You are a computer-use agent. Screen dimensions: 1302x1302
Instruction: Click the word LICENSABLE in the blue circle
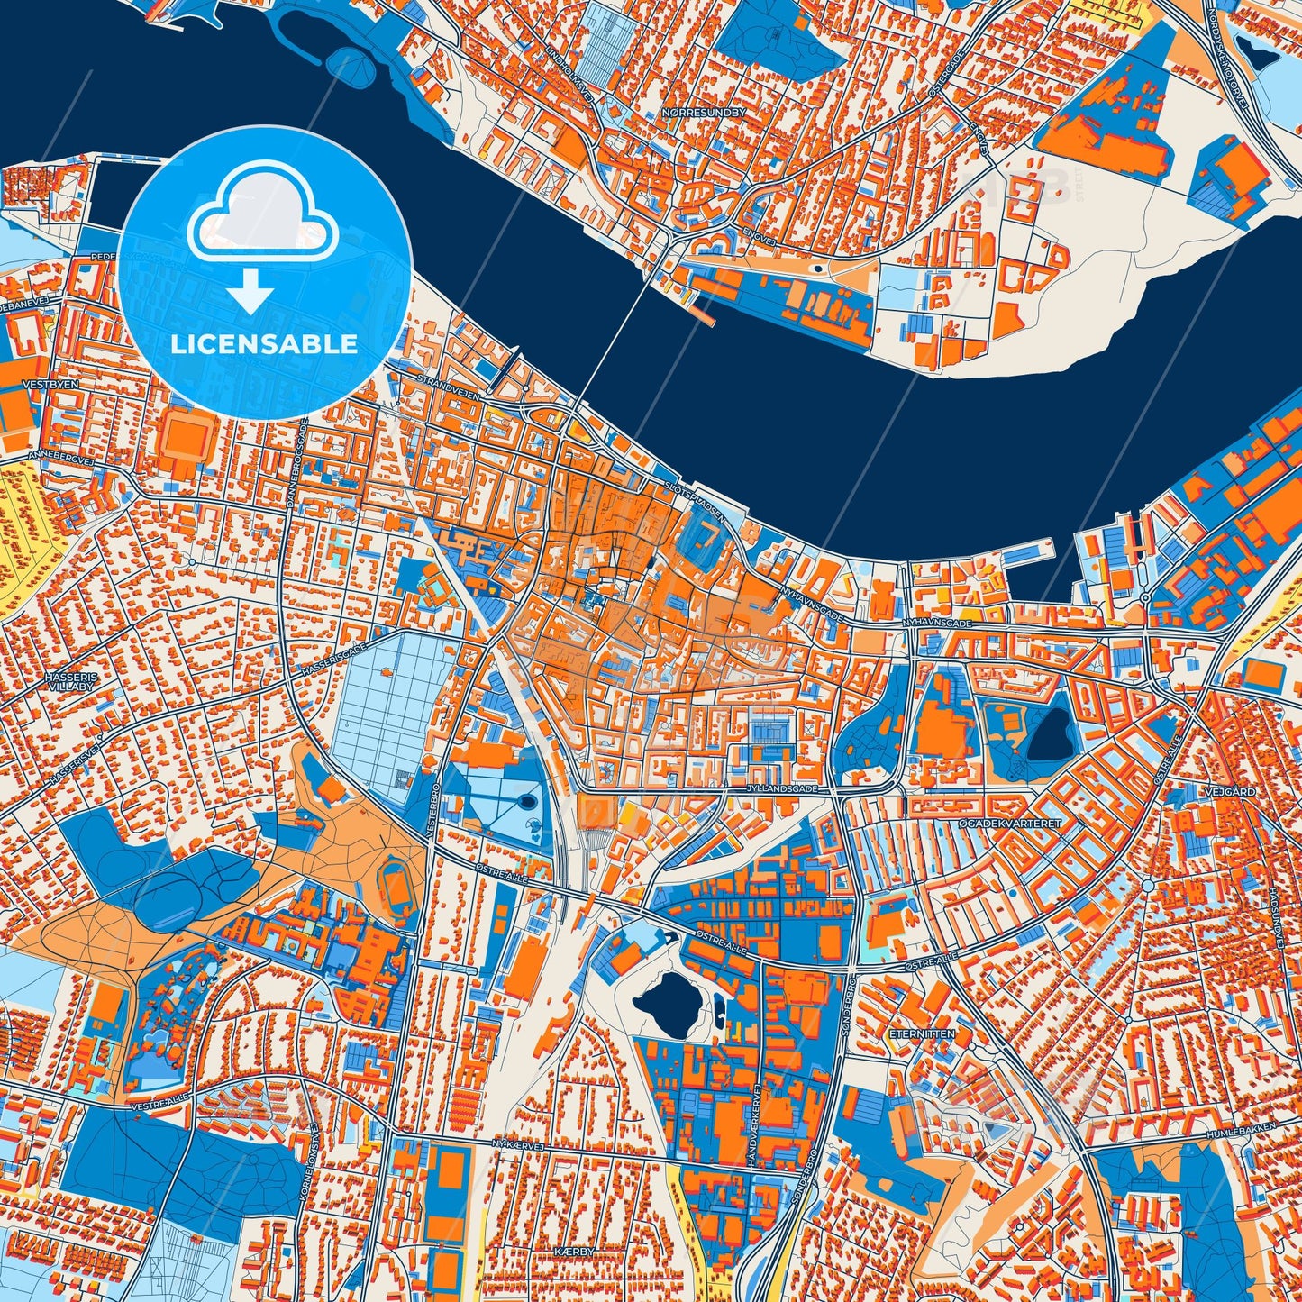(x=264, y=344)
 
